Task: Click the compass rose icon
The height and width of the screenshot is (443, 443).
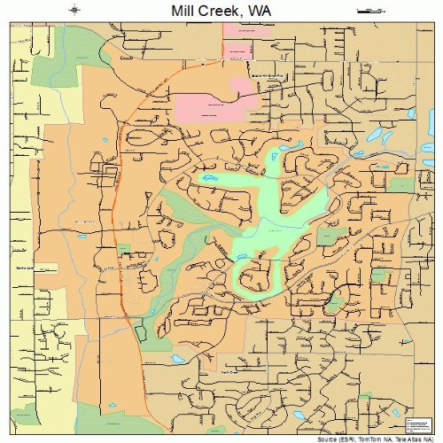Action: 74,11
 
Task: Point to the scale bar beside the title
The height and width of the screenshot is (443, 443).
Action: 368,11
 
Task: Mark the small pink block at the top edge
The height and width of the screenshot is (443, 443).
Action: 237,28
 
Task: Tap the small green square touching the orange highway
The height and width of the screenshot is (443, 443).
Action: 124,248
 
